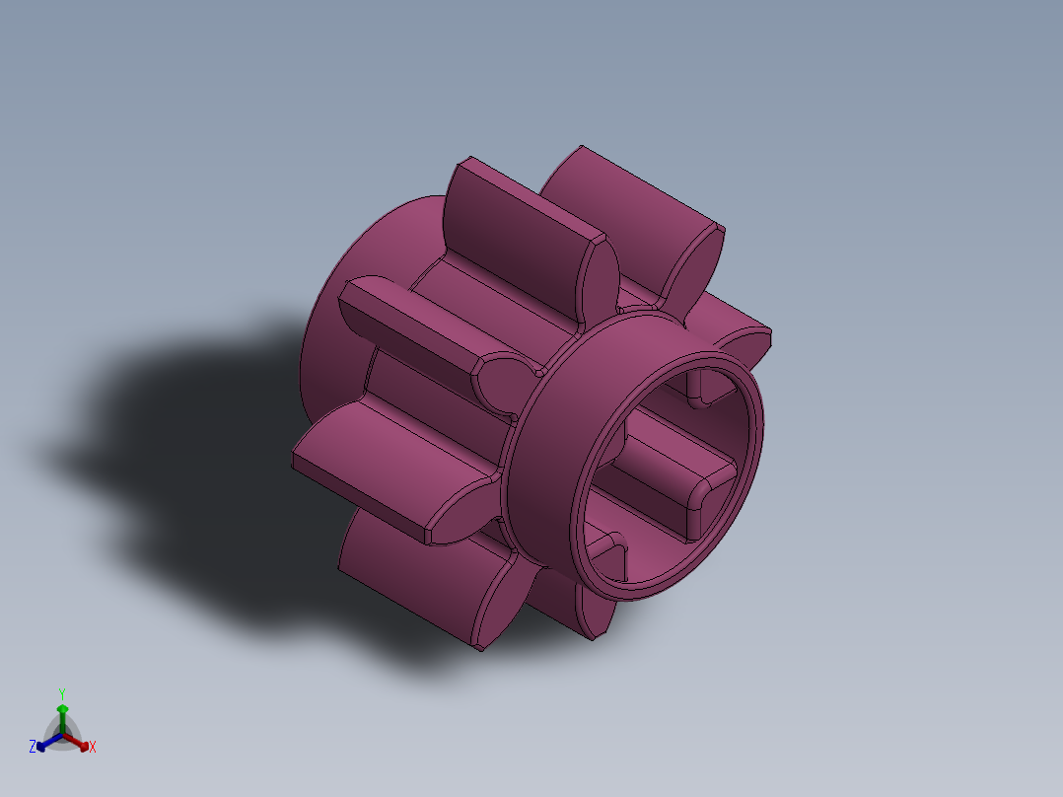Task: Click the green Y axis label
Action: [x=62, y=693]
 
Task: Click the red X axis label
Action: [x=93, y=748]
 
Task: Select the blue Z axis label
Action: [x=33, y=748]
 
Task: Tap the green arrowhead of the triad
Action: [x=62, y=708]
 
